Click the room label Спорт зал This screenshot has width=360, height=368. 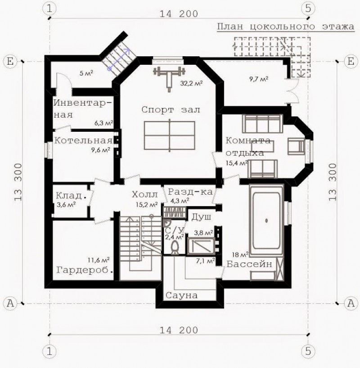(x=171, y=110)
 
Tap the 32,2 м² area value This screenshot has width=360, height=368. (x=191, y=83)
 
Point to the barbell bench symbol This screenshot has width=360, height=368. (x=169, y=78)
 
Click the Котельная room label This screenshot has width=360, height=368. (x=83, y=140)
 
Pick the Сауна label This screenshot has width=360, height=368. (x=181, y=295)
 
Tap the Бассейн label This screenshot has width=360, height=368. (x=249, y=264)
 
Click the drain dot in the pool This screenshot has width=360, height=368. (x=266, y=220)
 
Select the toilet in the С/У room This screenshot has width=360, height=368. (x=175, y=248)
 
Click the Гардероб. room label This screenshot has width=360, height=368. (x=85, y=270)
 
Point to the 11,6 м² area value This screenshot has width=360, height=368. (x=99, y=260)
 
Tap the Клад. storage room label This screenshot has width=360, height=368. (x=71, y=196)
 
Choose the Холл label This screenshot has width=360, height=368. (x=144, y=194)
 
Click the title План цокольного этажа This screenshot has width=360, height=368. (x=285, y=26)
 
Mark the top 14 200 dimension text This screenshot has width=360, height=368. (x=179, y=14)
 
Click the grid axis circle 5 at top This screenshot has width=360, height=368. (x=308, y=9)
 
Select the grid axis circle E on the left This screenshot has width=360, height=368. (x=10, y=62)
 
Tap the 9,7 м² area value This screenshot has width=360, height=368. (x=259, y=79)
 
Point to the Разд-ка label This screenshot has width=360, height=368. (x=190, y=192)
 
